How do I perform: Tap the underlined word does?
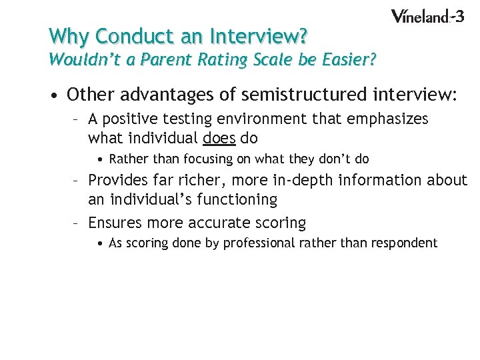click(218, 139)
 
